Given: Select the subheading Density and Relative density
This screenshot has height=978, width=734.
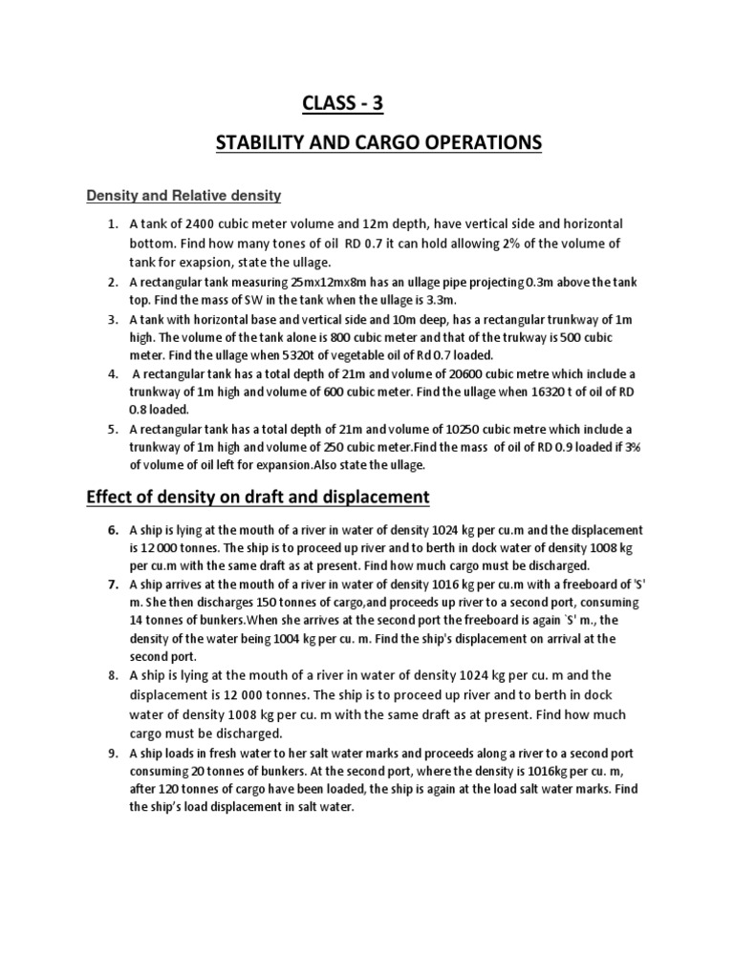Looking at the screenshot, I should tap(183, 196).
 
